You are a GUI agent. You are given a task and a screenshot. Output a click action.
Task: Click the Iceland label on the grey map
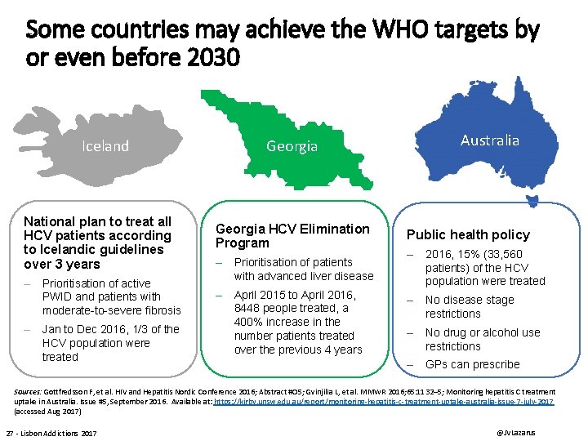pos(105,146)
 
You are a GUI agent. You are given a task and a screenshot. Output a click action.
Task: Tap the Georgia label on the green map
pos(292,146)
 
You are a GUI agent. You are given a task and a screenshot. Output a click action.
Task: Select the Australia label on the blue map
pos(489,140)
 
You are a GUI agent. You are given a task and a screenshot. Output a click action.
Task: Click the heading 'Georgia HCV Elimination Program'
pos(292,235)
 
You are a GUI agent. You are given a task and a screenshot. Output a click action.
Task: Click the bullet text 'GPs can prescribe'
pos(472,364)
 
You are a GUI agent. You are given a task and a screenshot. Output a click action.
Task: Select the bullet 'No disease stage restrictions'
pos(470,306)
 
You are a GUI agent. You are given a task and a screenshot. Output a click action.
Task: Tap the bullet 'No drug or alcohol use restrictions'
pos(482,339)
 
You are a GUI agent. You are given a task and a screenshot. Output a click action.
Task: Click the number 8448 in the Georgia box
pos(249,308)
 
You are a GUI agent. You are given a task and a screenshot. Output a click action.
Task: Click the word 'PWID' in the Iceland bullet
pos(57,296)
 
